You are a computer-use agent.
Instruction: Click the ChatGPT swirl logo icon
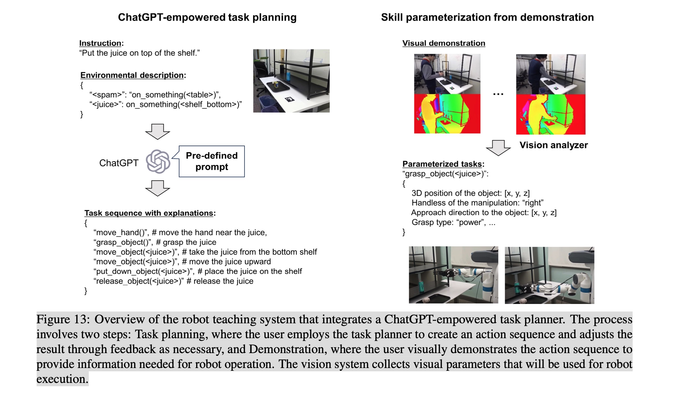(x=158, y=162)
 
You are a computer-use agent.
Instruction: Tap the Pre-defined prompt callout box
(x=212, y=161)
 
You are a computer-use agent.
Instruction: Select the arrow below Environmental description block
(x=157, y=132)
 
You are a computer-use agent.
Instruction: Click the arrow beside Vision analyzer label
(x=498, y=148)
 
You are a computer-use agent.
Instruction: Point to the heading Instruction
(x=100, y=43)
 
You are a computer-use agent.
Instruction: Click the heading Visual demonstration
(x=443, y=43)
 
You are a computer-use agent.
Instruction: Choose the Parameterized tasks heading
(x=442, y=164)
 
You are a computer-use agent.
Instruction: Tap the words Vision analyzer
(x=553, y=145)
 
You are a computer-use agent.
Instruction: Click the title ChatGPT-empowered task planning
(x=207, y=17)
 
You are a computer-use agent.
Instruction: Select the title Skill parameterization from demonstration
(x=487, y=17)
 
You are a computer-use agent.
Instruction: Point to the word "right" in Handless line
(x=532, y=203)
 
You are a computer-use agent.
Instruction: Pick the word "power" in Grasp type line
(x=471, y=223)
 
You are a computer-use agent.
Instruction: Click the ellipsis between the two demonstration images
(x=498, y=94)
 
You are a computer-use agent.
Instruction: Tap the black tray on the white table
(x=277, y=87)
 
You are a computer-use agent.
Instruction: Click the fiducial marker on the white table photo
(x=290, y=99)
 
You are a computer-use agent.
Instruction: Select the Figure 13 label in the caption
(x=63, y=319)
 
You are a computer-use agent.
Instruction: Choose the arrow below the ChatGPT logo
(x=157, y=188)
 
